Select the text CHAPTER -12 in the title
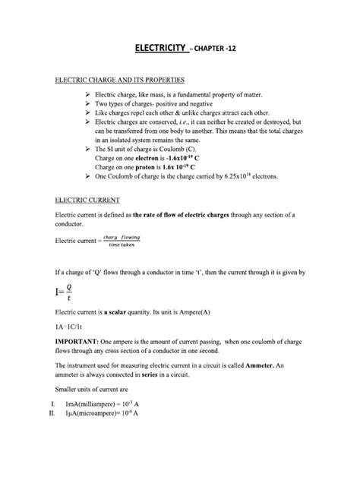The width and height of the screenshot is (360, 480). coord(214,49)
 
